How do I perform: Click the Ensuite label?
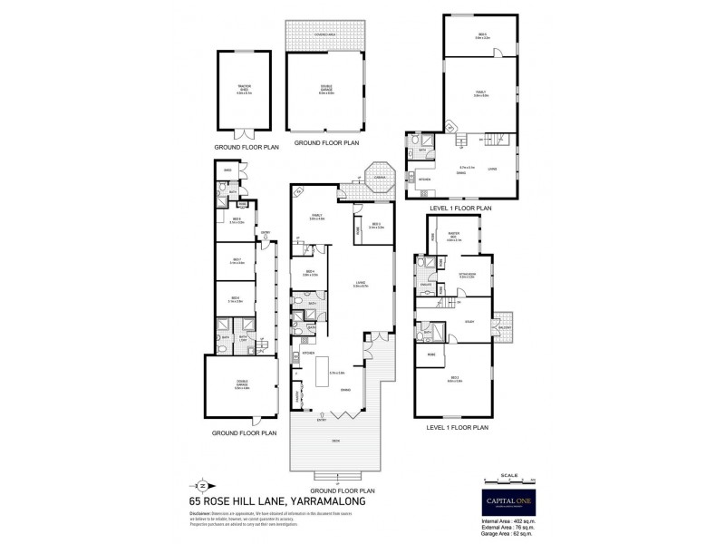[426, 284]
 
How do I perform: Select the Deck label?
[335, 441]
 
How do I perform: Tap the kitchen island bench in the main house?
[319, 371]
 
